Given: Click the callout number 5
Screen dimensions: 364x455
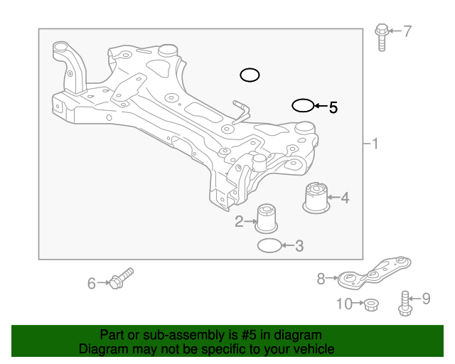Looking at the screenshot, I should [333, 108].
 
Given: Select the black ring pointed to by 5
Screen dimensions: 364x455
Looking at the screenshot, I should [303, 106].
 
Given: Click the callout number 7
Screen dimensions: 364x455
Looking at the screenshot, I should [407, 31].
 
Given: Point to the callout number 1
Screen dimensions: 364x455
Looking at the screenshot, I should [375, 144].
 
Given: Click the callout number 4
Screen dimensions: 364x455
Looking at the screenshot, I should [345, 198].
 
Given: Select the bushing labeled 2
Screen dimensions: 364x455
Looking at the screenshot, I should [267, 218].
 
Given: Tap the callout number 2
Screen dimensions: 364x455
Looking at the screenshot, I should [240, 222].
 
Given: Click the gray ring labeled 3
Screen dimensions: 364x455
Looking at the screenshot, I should [269, 246].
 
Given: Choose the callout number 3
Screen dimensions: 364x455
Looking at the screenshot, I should [299, 247].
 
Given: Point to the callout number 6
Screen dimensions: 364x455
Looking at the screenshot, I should [92, 284].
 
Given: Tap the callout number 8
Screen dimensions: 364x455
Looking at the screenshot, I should [321, 279].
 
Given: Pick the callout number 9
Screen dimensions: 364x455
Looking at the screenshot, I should [427, 299].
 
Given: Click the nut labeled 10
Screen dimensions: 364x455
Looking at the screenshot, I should [370, 305].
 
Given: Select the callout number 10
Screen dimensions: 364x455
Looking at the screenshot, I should [344, 304].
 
